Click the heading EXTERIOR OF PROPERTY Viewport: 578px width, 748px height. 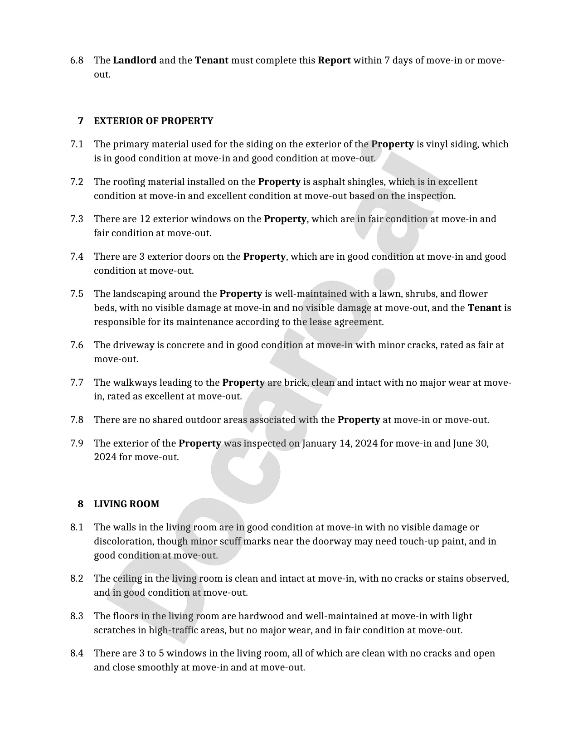153,121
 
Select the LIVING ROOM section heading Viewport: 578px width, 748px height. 126,504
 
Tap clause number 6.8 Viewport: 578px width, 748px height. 77,60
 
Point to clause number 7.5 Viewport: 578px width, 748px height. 77,294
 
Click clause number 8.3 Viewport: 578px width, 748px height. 77,616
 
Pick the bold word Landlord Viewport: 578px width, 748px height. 135,60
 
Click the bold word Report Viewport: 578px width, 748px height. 334,60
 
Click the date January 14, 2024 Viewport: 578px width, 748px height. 340,443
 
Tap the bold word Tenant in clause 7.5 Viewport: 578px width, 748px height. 484,308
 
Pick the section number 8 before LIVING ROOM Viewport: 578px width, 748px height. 81,504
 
